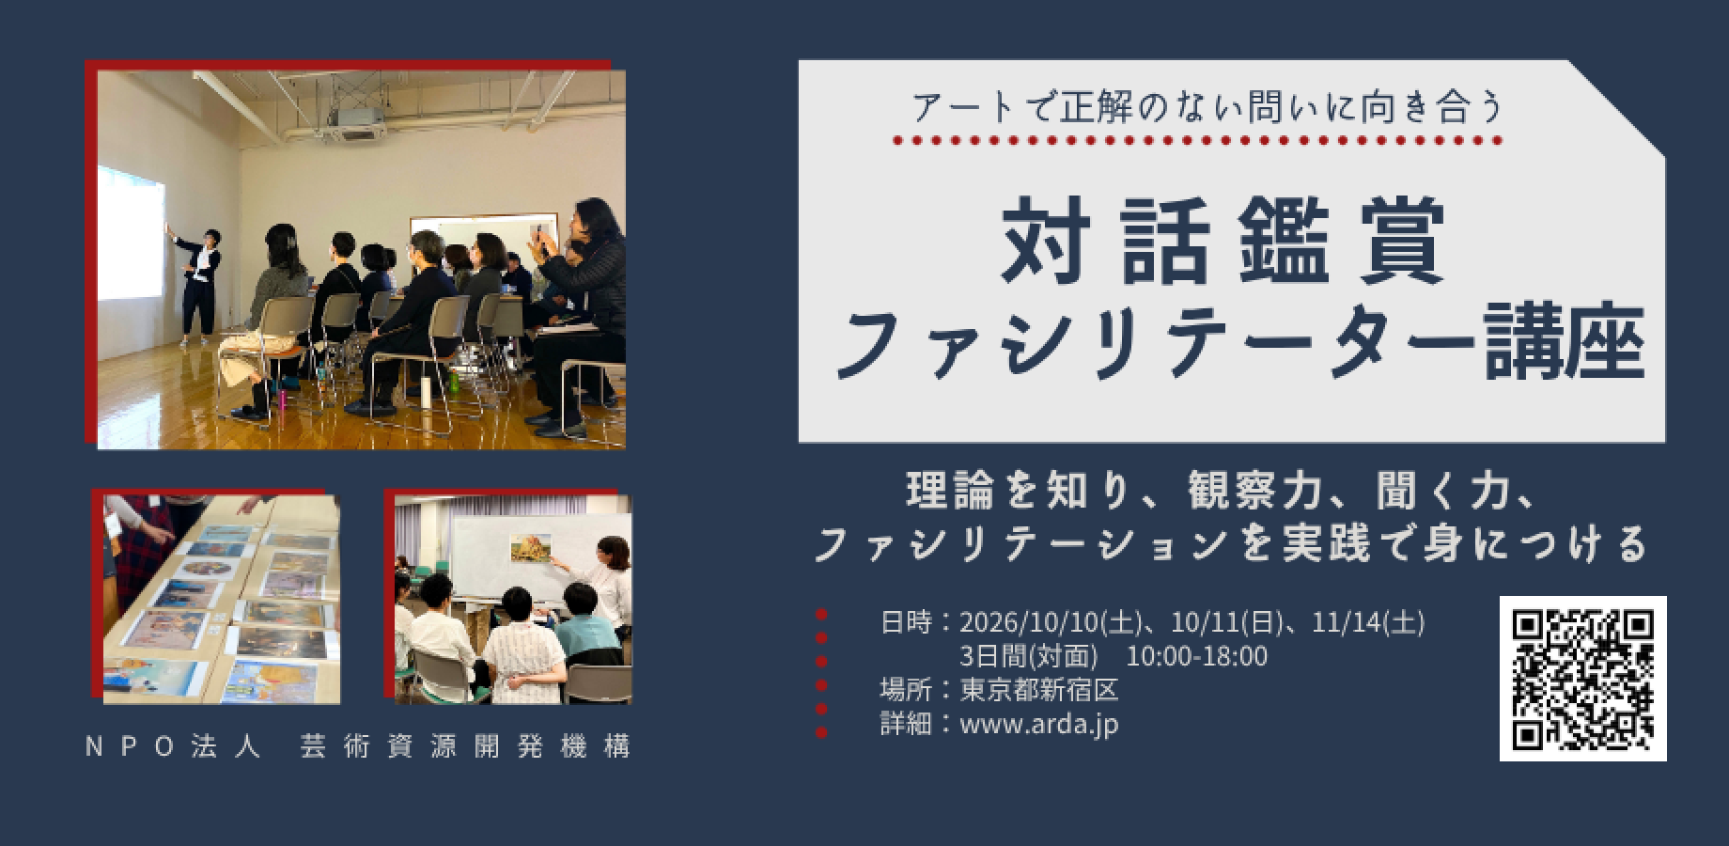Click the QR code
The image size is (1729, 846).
pyautogui.click(x=1582, y=678)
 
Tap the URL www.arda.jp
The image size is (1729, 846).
pyautogui.click(x=1039, y=724)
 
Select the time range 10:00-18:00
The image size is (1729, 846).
pyautogui.click(x=1196, y=656)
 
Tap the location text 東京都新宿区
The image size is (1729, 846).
pyautogui.click(x=1039, y=690)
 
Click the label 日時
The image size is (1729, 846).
pyautogui.click(x=906, y=622)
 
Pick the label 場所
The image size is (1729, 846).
pyautogui.click(x=906, y=690)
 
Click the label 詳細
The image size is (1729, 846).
pyautogui.click(x=906, y=724)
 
